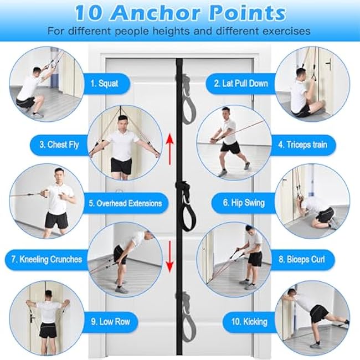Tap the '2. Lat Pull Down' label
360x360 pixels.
(241, 84)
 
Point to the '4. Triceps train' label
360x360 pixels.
(302, 145)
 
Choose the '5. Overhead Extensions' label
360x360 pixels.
(125, 203)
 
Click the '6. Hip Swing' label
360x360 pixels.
(244, 203)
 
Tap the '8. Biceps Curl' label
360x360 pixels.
(302, 259)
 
